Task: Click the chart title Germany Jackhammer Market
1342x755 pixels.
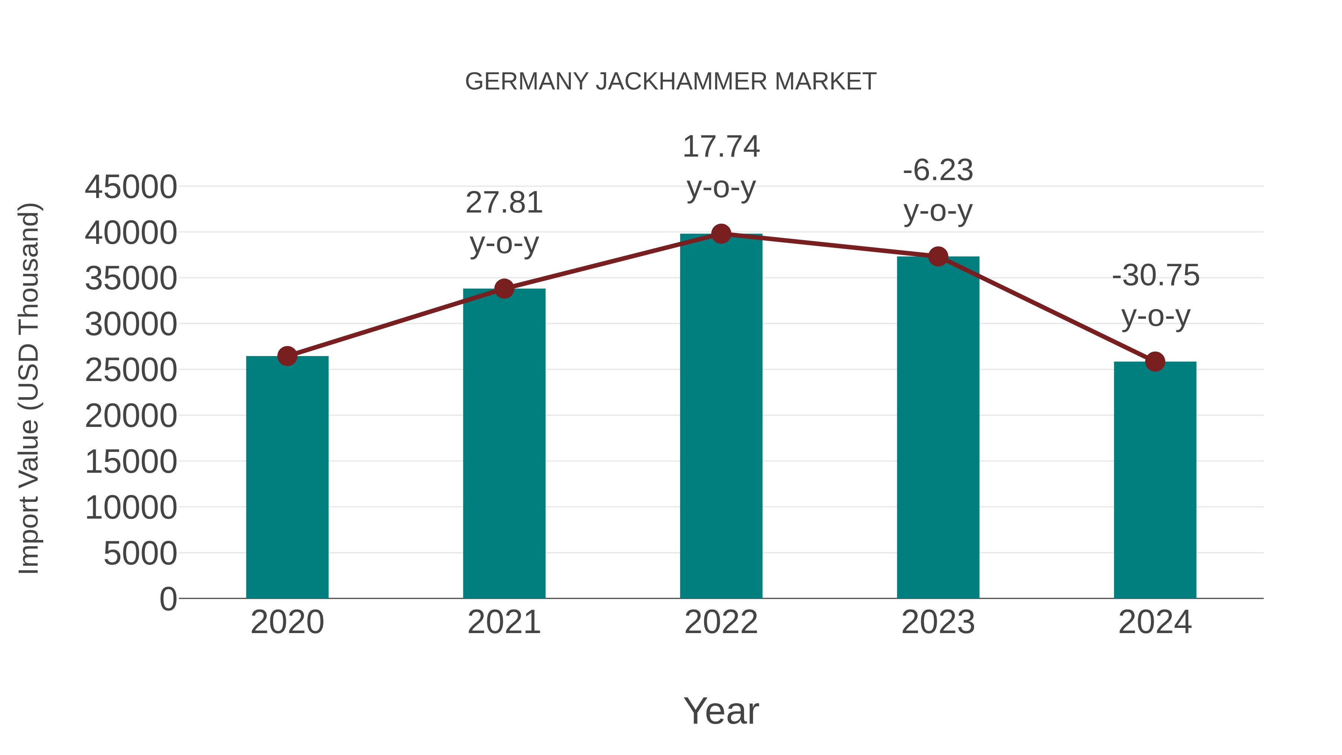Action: pos(671,82)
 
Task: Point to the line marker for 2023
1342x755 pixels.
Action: pos(938,257)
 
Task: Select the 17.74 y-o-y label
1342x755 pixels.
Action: pos(721,166)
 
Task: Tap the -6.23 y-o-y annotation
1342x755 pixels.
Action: pos(938,190)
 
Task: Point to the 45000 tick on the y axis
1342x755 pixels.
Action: pos(131,187)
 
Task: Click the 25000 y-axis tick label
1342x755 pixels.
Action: pos(131,371)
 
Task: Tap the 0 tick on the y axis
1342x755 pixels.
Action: pos(168,599)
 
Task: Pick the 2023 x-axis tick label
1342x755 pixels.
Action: pos(938,622)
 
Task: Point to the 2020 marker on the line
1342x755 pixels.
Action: pos(287,356)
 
